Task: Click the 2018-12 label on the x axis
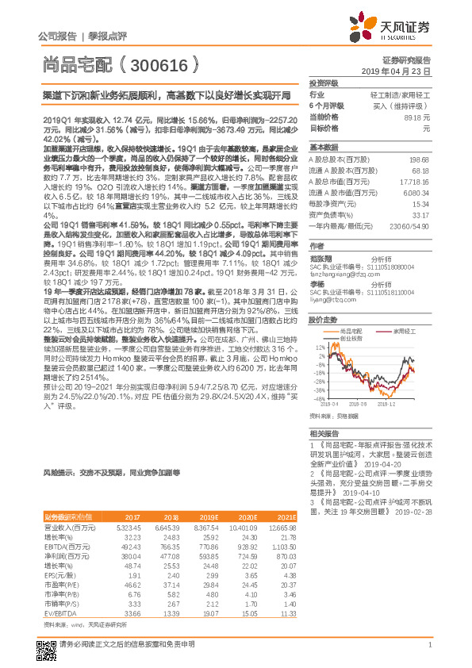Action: [386, 405]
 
